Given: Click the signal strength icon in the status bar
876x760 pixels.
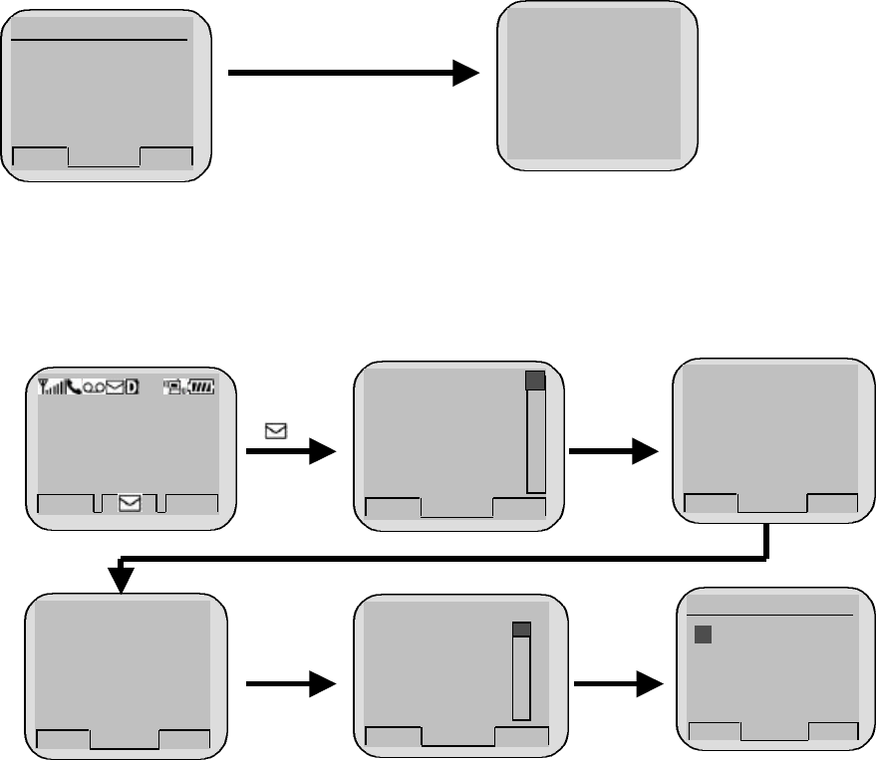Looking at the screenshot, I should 47,387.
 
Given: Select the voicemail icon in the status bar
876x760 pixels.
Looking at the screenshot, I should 92,387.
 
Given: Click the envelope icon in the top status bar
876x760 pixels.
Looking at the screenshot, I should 114,387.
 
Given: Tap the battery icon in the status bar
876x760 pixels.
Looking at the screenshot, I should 203,387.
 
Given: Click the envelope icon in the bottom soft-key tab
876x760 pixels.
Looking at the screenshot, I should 130,504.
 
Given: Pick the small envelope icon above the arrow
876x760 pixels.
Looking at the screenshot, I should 273,431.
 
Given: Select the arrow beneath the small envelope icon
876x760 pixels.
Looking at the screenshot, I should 290,452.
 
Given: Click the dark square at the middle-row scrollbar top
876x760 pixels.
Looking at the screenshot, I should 535,380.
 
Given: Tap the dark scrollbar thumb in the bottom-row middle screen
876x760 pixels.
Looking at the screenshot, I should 521,630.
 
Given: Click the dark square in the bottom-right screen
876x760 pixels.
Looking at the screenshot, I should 703,634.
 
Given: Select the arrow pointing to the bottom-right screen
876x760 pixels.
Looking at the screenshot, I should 619,684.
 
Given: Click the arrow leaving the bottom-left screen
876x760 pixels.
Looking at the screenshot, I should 290,684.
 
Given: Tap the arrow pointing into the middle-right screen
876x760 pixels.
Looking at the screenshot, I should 613,452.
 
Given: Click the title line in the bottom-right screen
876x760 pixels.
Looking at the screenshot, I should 769,615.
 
